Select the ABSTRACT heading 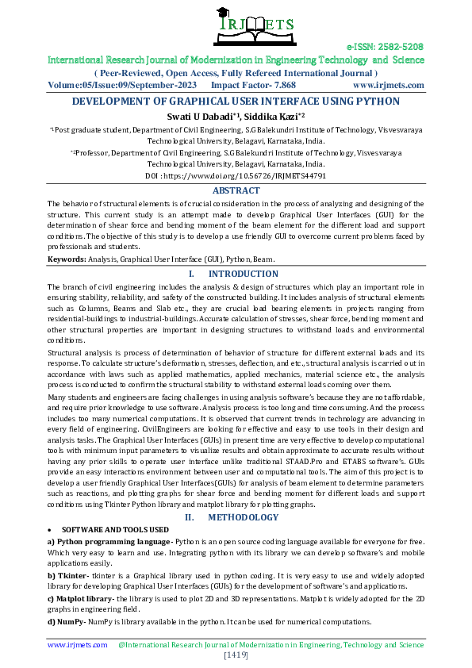coord(236,190)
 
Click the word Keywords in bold coord(67,259)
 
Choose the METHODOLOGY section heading coord(243,517)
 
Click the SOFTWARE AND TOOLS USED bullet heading coord(114,529)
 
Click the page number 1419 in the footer coord(236,655)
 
